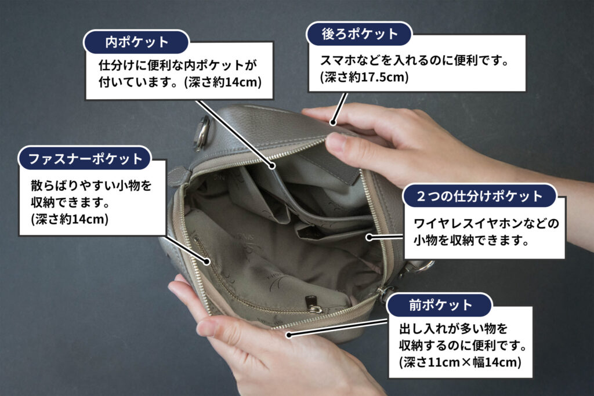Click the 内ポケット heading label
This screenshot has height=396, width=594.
click(x=136, y=42)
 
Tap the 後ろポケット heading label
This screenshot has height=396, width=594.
click(x=359, y=34)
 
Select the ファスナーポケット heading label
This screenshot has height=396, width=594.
click(x=85, y=158)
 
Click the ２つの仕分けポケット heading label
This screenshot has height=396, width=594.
click(x=480, y=196)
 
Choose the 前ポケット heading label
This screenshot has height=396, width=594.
click(x=440, y=305)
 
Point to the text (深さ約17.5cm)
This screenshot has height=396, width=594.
click(x=364, y=77)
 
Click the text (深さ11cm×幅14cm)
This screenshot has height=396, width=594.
click(x=460, y=362)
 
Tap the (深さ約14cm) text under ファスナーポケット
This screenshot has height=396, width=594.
click(x=70, y=219)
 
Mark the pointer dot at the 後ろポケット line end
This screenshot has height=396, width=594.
click(x=332, y=122)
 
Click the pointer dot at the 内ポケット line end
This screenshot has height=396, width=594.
click(x=273, y=166)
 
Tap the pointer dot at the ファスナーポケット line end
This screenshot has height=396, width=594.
click(x=207, y=261)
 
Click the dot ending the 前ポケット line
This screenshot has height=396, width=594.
click(x=289, y=335)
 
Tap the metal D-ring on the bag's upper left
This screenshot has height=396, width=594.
click(x=201, y=133)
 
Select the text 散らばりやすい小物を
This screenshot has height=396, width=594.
click(x=91, y=186)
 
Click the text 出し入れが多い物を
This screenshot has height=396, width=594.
click(x=453, y=328)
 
